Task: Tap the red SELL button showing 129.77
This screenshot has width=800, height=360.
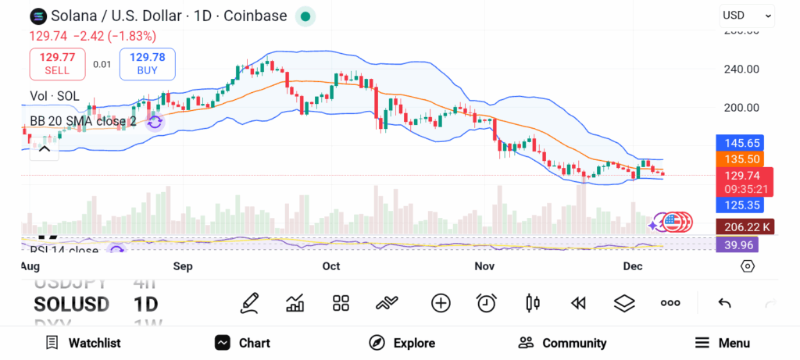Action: [x=57, y=63]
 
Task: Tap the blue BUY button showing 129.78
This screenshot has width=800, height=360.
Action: [x=147, y=63]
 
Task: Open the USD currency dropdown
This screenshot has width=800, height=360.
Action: [x=747, y=15]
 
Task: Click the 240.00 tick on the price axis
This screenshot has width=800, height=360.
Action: [x=741, y=69]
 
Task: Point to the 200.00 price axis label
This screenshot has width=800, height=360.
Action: [x=741, y=108]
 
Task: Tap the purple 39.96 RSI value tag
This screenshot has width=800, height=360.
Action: [x=736, y=244]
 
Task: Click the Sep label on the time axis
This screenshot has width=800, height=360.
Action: [x=183, y=266]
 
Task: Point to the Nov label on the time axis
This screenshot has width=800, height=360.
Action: [x=484, y=266]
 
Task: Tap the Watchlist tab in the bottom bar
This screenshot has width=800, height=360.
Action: [x=83, y=343]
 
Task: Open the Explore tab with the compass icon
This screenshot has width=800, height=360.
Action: [x=402, y=343]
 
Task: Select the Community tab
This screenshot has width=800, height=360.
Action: [x=562, y=343]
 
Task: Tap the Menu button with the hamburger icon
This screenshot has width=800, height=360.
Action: [x=722, y=343]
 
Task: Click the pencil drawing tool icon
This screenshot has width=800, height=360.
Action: [x=249, y=303]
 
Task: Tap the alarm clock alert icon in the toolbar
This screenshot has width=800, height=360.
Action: [x=487, y=303]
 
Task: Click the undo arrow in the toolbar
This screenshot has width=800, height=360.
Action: [x=724, y=303]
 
